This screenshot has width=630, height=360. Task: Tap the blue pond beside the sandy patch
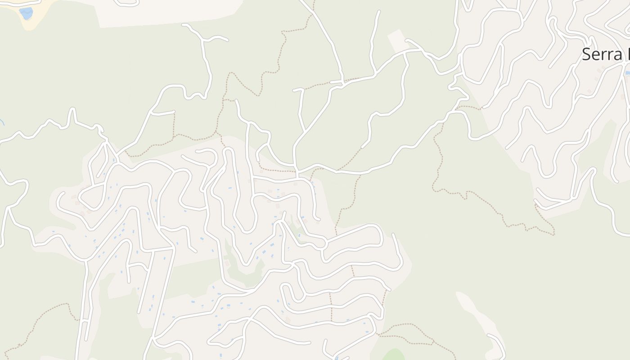[26, 13]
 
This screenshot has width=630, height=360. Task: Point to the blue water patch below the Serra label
[627, 72]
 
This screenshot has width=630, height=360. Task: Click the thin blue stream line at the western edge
[2, 121]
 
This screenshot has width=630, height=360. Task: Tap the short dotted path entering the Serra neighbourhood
[468, 107]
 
